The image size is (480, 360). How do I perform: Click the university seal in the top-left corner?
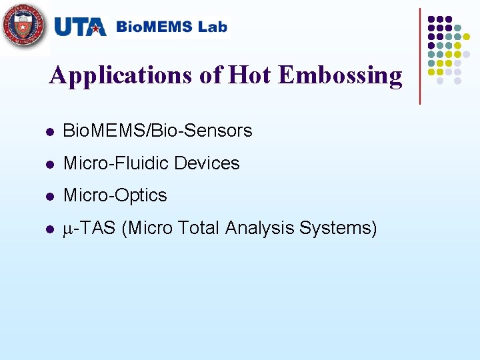point(25,27)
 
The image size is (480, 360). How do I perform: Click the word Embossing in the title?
point(341,75)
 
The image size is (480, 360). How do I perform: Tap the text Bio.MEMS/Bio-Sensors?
point(157,131)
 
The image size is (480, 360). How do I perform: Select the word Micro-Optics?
point(115,196)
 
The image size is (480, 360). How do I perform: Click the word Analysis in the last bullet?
point(260,229)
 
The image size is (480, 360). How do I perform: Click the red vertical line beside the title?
point(420,56)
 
